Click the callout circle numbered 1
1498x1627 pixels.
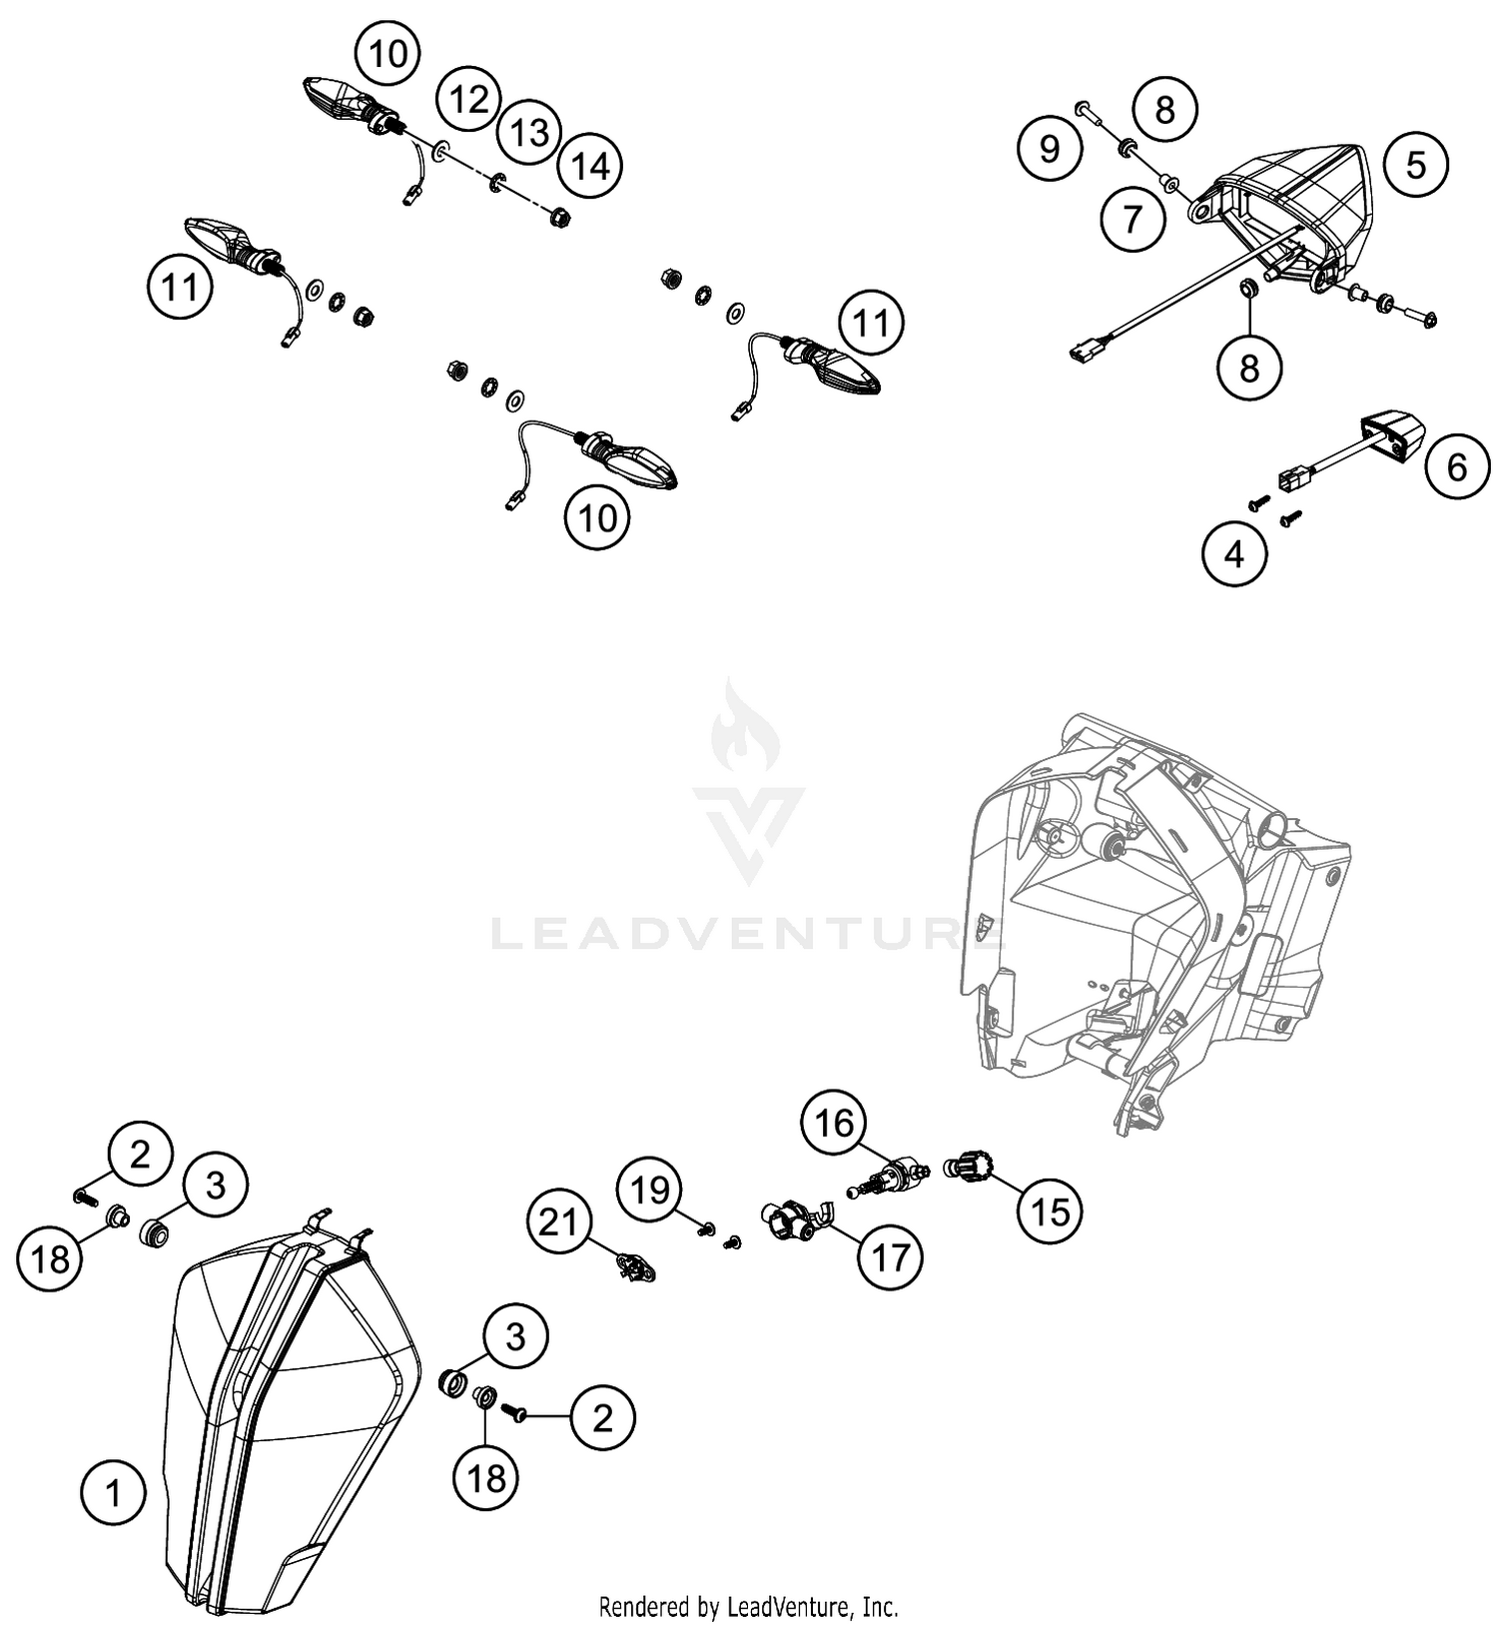[113, 1494]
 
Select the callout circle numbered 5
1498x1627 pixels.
[1416, 164]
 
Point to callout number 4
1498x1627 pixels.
[1234, 552]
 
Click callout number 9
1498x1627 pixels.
[1050, 149]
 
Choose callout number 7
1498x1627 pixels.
[1132, 218]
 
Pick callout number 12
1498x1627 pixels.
[468, 99]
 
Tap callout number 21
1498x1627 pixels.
[560, 1220]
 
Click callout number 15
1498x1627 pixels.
[1050, 1212]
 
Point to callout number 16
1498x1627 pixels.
[835, 1123]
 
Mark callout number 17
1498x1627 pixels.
[890, 1255]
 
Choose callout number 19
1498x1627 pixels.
[651, 1190]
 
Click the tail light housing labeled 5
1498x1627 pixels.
[1288, 210]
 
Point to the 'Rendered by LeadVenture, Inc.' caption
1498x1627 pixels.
[748, 1607]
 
